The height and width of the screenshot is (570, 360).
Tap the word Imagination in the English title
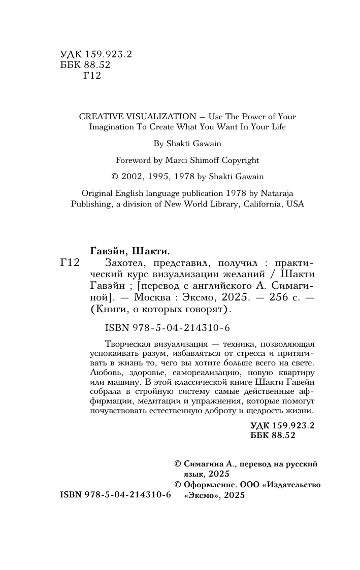pyautogui.click(x=112, y=127)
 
